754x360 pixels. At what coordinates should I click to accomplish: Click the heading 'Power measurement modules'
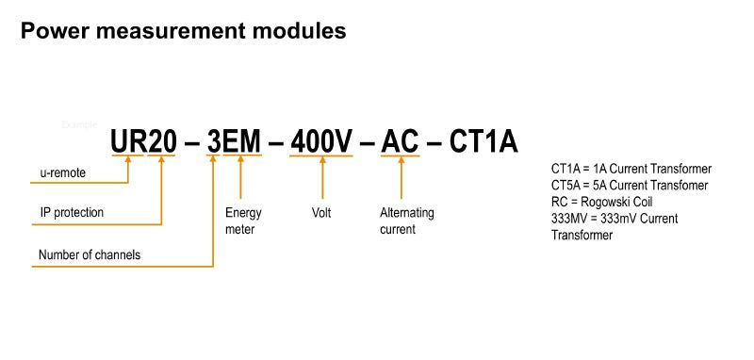coord(183,31)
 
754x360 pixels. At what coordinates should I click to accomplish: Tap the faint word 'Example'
coord(78,124)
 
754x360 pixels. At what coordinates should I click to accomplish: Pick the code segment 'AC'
coord(402,141)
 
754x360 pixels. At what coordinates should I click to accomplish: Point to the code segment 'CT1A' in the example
coord(483,141)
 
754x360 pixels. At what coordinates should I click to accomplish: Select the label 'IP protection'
coord(72,213)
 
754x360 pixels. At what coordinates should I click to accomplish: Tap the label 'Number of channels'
coord(90,255)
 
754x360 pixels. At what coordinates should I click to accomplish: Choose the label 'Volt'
coord(321,213)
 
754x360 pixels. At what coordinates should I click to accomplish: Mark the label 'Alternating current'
coord(406,221)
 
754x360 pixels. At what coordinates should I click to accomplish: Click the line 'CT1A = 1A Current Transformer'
coord(631,169)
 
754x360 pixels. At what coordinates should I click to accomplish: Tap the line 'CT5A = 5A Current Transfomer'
coord(629,185)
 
